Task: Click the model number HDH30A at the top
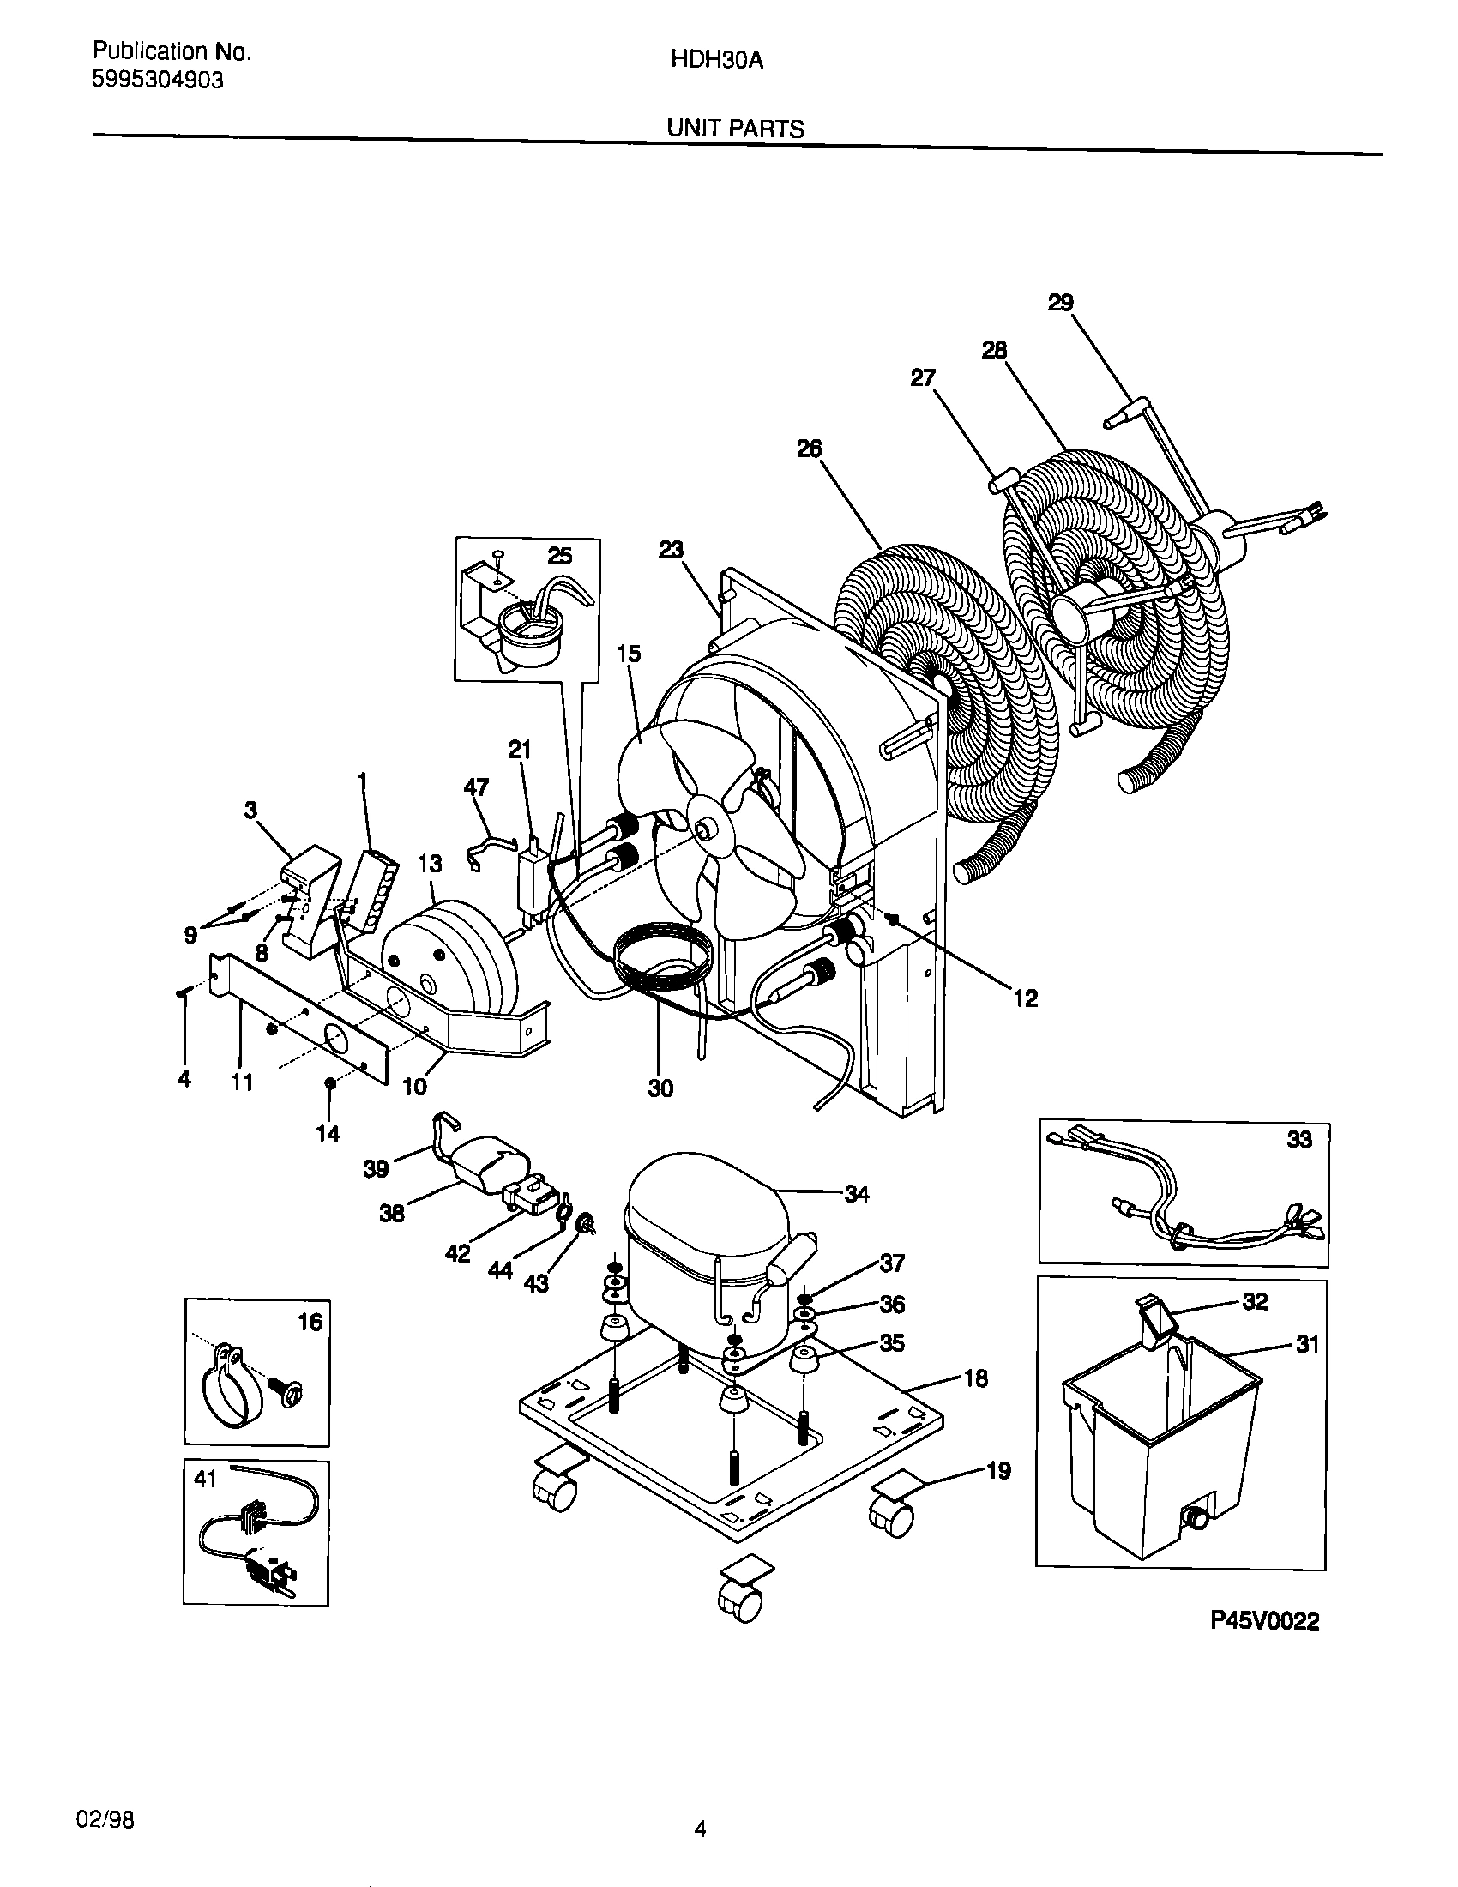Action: point(717,62)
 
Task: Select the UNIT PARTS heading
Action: point(734,130)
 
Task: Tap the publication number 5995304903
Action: point(157,81)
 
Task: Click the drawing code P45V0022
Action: point(1264,1622)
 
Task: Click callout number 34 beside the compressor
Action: point(856,1196)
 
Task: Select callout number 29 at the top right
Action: point(1060,304)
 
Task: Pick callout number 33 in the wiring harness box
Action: point(1299,1141)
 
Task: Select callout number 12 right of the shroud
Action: point(1025,998)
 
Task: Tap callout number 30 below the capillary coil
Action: point(660,1088)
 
